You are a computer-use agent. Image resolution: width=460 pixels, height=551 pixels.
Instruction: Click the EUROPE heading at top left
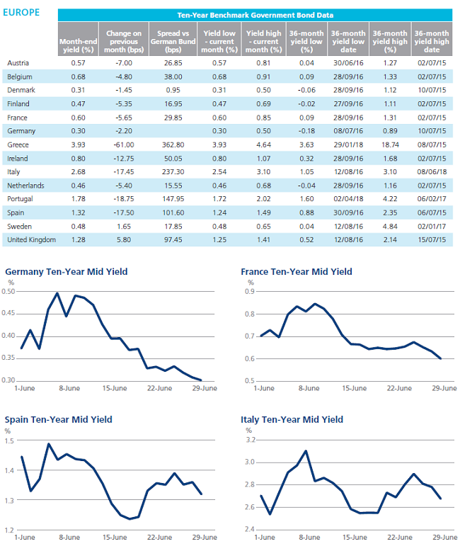tap(21, 12)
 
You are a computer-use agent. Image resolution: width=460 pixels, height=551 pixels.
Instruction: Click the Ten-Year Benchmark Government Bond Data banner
tap(255, 15)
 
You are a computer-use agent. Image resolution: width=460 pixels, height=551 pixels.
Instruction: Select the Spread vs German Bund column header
tap(173, 42)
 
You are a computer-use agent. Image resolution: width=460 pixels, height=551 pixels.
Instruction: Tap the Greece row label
tap(18, 144)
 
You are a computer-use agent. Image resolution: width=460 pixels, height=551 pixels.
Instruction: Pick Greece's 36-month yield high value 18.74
tap(390, 144)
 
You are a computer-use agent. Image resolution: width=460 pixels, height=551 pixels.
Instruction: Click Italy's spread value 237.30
tap(173, 172)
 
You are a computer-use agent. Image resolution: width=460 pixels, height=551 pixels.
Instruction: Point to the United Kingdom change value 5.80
tap(124, 239)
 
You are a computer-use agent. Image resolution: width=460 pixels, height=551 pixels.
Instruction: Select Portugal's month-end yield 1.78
tap(78, 199)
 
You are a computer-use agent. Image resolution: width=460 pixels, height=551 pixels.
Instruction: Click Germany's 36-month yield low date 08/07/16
tap(348, 131)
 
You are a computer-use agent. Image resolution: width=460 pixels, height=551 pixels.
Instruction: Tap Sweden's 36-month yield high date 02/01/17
tap(432, 227)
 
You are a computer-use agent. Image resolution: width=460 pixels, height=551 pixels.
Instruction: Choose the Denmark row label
tap(21, 90)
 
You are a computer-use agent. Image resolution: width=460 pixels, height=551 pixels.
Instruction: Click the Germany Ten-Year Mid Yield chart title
tap(67, 272)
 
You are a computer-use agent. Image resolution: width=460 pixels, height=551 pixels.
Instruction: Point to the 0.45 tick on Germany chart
tap(8, 313)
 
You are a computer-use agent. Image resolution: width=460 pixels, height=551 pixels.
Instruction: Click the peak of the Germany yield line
tap(57, 292)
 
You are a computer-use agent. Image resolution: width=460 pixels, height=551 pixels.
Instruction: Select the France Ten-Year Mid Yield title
tap(297, 272)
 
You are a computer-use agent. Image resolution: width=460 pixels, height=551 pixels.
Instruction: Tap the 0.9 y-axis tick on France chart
tap(250, 291)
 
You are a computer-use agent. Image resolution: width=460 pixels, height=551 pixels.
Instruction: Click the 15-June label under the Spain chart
tap(115, 538)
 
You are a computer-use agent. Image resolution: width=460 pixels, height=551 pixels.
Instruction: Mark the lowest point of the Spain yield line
tap(130, 518)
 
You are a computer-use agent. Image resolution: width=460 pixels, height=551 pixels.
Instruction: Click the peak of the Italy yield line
tap(306, 451)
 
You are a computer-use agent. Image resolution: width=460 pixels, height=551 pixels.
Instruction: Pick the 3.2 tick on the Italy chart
tap(250, 440)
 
